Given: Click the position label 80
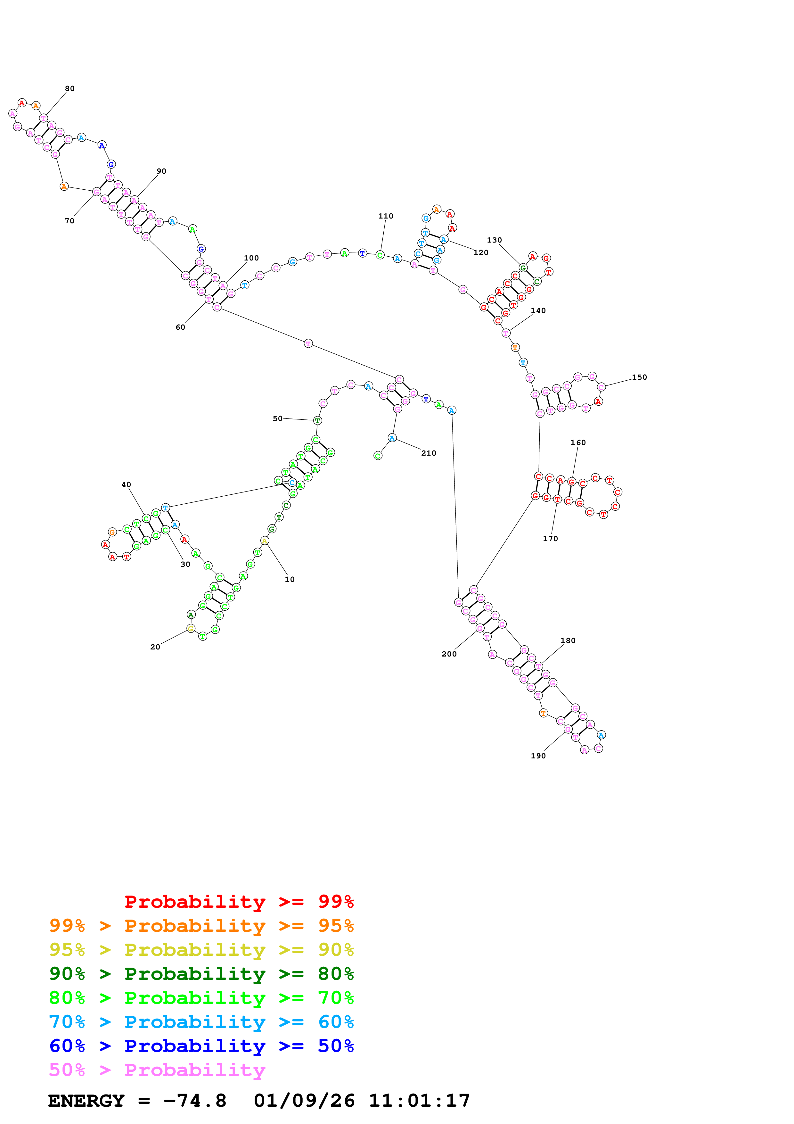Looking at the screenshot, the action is [x=70, y=89].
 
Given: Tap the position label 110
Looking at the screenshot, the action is [x=386, y=216].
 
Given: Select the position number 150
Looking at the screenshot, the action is [x=639, y=377].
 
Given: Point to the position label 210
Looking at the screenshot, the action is [x=429, y=453].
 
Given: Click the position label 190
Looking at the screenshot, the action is [x=538, y=756].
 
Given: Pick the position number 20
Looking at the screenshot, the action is [x=155, y=647].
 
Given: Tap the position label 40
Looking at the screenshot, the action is [x=126, y=485].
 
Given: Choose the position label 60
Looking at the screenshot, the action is [x=181, y=327].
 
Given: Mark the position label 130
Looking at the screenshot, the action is [x=494, y=240].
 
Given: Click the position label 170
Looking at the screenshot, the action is [x=550, y=539].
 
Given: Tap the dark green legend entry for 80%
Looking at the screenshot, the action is [x=201, y=974].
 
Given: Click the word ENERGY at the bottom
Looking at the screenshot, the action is [x=86, y=1101].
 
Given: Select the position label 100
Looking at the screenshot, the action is [x=251, y=258].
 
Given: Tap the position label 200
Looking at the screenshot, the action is [x=449, y=654].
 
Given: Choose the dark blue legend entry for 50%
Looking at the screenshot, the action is [x=201, y=1046].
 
